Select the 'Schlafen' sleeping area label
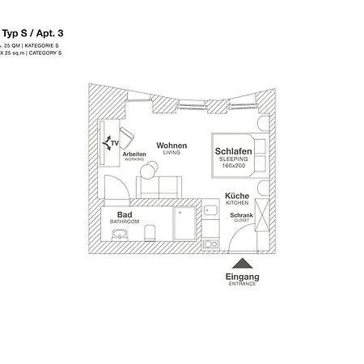point(234,151)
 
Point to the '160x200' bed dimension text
point(234,167)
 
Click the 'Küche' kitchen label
point(236,197)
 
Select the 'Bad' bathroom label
point(125,214)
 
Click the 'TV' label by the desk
point(114,143)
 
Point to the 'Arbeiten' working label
point(134,154)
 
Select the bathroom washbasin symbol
point(119,234)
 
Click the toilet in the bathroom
point(150,233)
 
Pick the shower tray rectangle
point(185,223)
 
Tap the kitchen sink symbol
point(210,210)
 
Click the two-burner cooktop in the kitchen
point(210,242)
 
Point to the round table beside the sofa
point(145,169)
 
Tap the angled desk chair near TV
point(127,133)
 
